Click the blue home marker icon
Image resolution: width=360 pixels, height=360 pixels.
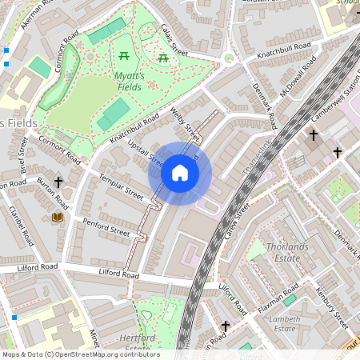pyautogui.click(x=180, y=173)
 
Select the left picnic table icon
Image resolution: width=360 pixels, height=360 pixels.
pyautogui.click(x=125, y=56)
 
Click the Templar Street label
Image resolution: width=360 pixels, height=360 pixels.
pyautogui.click(x=120, y=186)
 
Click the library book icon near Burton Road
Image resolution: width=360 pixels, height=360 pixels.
pyautogui.click(x=57, y=217)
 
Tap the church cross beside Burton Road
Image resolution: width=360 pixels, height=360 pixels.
pyautogui.click(x=59, y=183)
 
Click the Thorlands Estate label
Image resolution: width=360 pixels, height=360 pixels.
pyautogui.click(x=286, y=253)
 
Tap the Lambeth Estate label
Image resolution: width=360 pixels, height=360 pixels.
pyautogui.click(x=286, y=323)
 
